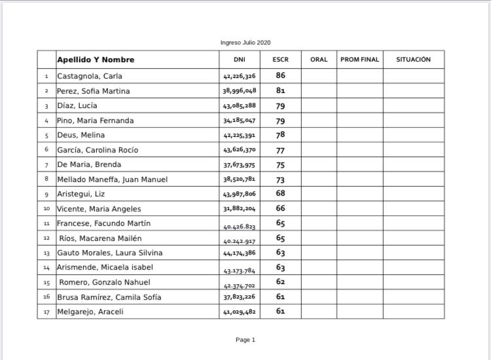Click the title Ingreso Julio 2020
245,43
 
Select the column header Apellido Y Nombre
96,60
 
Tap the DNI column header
239,60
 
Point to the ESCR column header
280,60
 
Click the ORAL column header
319,60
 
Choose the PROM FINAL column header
359,60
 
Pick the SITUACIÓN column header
413,60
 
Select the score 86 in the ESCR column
280,76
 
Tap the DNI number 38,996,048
239,91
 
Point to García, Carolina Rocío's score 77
280,150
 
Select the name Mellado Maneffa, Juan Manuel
113,179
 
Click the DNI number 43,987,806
239,194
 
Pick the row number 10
46,209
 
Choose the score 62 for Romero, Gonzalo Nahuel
280,282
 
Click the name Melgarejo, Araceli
90,312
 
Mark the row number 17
46,312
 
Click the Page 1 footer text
245,340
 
